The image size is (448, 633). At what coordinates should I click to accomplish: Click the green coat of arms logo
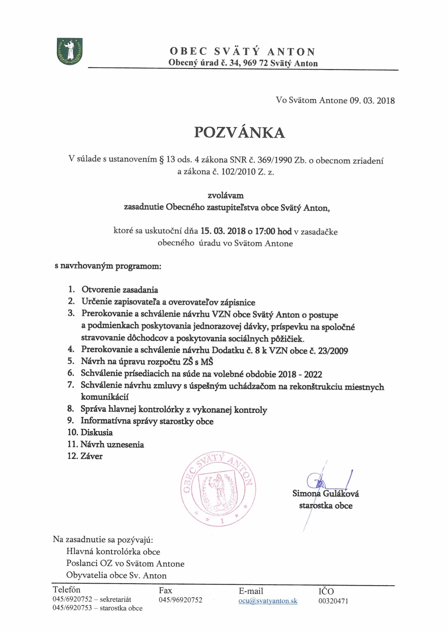point(70,51)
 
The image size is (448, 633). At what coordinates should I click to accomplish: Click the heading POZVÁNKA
point(239,133)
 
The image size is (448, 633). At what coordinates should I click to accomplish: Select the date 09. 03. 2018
point(372,100)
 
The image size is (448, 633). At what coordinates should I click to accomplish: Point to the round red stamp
point(218,488)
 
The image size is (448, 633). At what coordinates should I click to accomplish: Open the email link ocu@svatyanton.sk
point(268,601)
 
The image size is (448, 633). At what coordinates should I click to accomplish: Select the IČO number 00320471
point(333,601)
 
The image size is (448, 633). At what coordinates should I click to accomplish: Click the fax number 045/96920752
point(180,600)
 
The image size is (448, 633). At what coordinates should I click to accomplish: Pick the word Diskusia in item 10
point(97,432)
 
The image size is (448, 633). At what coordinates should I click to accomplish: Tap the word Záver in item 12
point(91,456)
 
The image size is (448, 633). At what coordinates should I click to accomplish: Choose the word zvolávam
point(226,195)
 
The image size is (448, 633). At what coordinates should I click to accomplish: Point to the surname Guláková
point(341,494)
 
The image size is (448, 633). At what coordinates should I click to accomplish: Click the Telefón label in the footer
point(67,590)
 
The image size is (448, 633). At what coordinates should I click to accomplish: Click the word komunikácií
point(104,397)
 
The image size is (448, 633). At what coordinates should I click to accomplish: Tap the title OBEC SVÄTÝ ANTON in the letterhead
point(243,51)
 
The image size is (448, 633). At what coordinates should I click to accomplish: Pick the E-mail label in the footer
point(251,591)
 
